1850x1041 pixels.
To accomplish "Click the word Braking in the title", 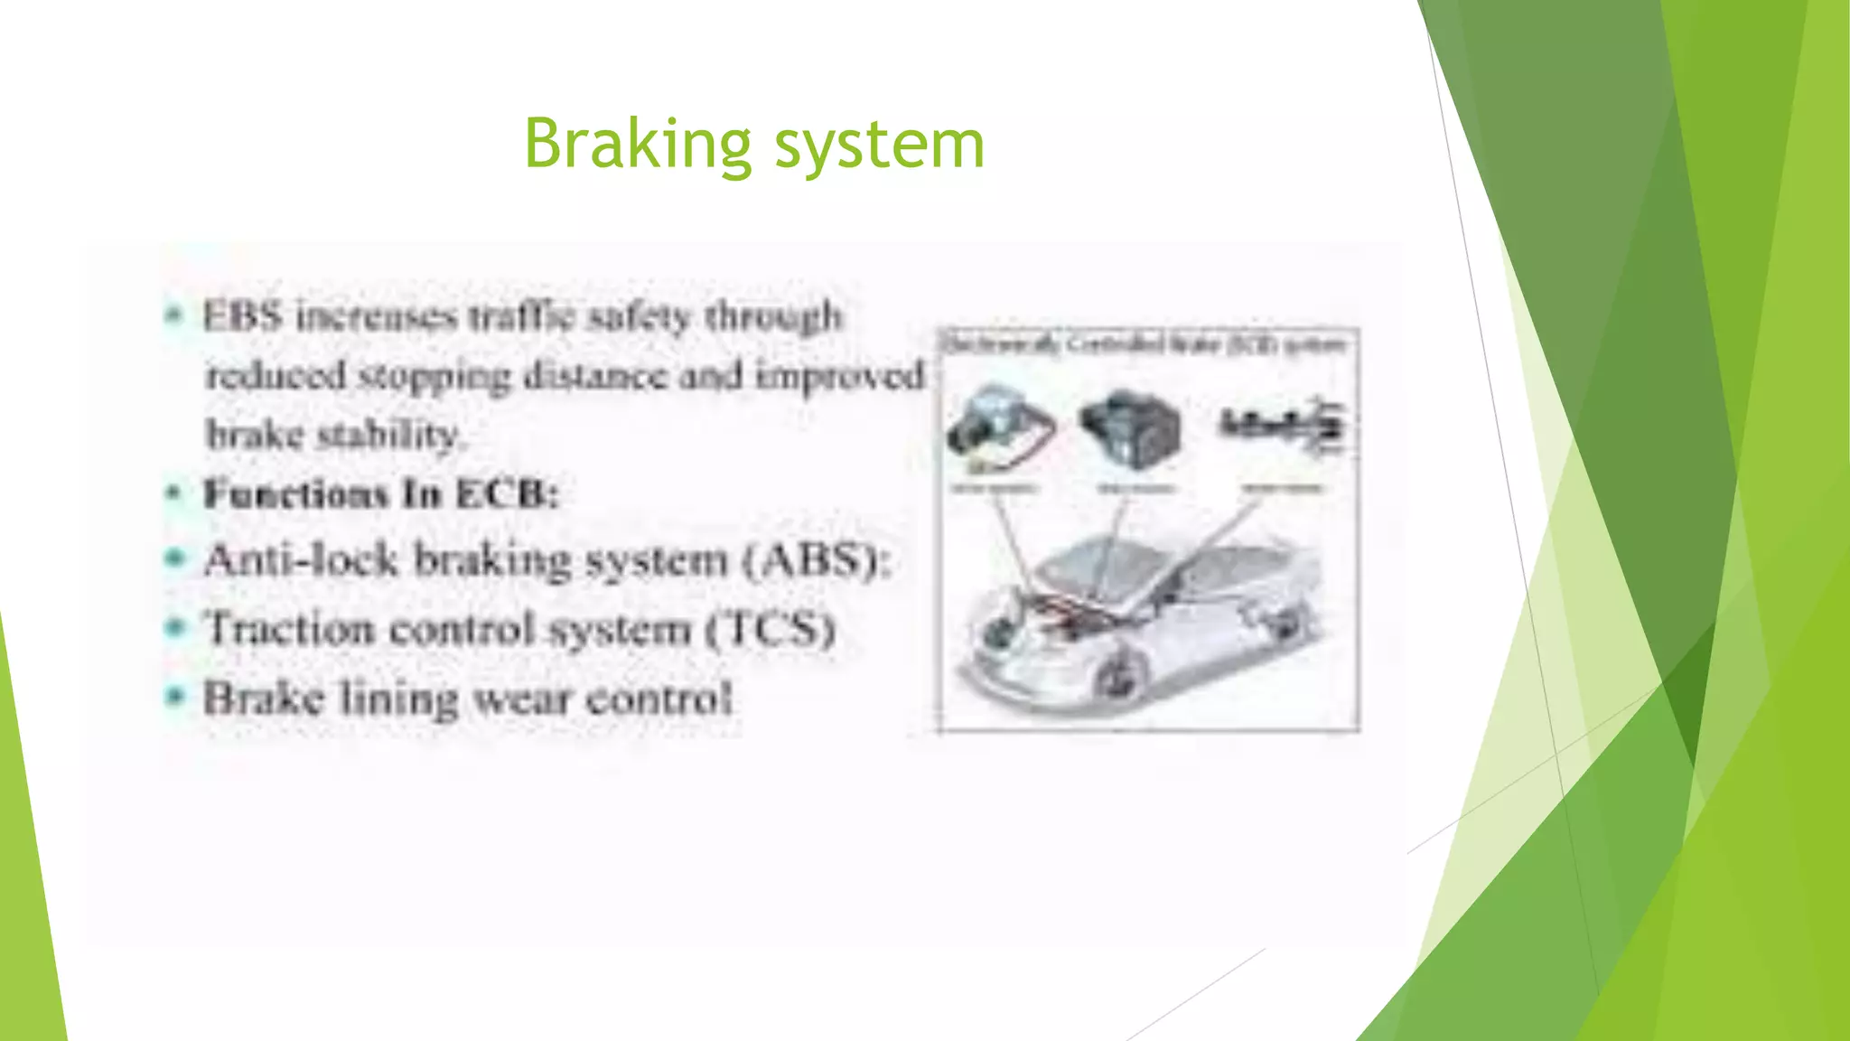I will pos(637,145).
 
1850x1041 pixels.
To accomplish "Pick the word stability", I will pos(389,435).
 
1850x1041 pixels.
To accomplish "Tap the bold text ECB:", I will pos(508,494).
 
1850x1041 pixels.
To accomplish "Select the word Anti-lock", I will pos(300,559).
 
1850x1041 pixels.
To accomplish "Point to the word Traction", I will pos(289,628).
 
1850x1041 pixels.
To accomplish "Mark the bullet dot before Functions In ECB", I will pos(174,493).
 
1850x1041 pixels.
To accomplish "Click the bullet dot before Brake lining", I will pos(174,697).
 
